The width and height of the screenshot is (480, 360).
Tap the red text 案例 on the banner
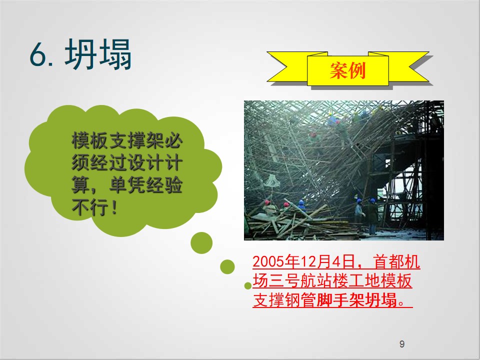click(x=348, y=70)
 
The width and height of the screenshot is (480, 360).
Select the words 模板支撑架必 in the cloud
click(x=127, y=140)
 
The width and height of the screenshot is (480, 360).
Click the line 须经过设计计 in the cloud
click(x=127, y=162)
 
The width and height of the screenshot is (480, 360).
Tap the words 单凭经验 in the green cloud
click(x=146, y=185)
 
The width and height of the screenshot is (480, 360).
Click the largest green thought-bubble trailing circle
click(x=201, y=243)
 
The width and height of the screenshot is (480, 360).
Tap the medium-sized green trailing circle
click(x=227, y=266)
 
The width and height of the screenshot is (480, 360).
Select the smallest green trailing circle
click(x=248, y=285)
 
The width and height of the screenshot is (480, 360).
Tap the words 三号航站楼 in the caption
click(x=308, y=280)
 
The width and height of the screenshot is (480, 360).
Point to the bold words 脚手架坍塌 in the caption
click(x=357, y=299)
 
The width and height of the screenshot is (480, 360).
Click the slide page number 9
click(x=402, y=344)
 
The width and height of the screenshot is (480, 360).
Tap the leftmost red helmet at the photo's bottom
click(x=267, y=202)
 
